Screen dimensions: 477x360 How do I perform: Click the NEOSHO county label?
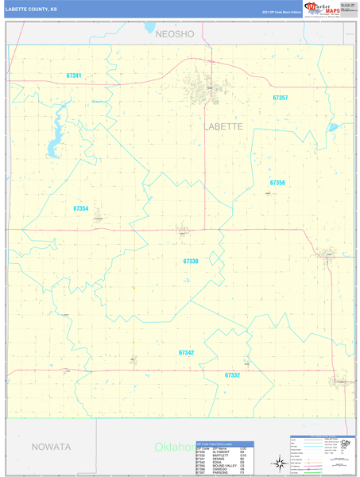175,34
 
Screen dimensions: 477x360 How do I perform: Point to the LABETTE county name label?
223,126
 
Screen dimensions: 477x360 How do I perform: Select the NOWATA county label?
51,447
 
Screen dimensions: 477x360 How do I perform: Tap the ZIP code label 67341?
74,76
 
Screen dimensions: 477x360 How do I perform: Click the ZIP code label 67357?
280,98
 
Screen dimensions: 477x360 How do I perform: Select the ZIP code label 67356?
277,183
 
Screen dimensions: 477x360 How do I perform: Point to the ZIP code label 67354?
80,208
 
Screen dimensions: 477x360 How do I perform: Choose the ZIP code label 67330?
191,261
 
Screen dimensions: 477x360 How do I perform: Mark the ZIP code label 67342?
186,352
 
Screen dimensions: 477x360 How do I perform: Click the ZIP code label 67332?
232,374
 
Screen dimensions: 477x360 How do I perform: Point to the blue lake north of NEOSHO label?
150,27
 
